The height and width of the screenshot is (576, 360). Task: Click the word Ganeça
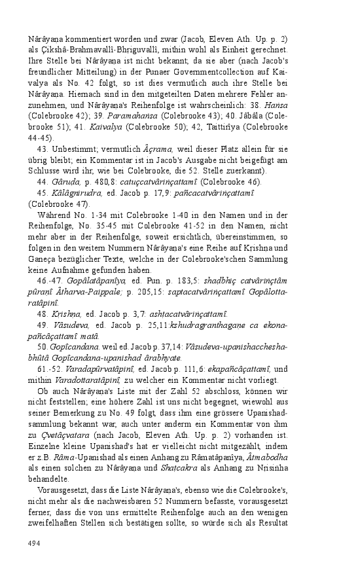45,259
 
